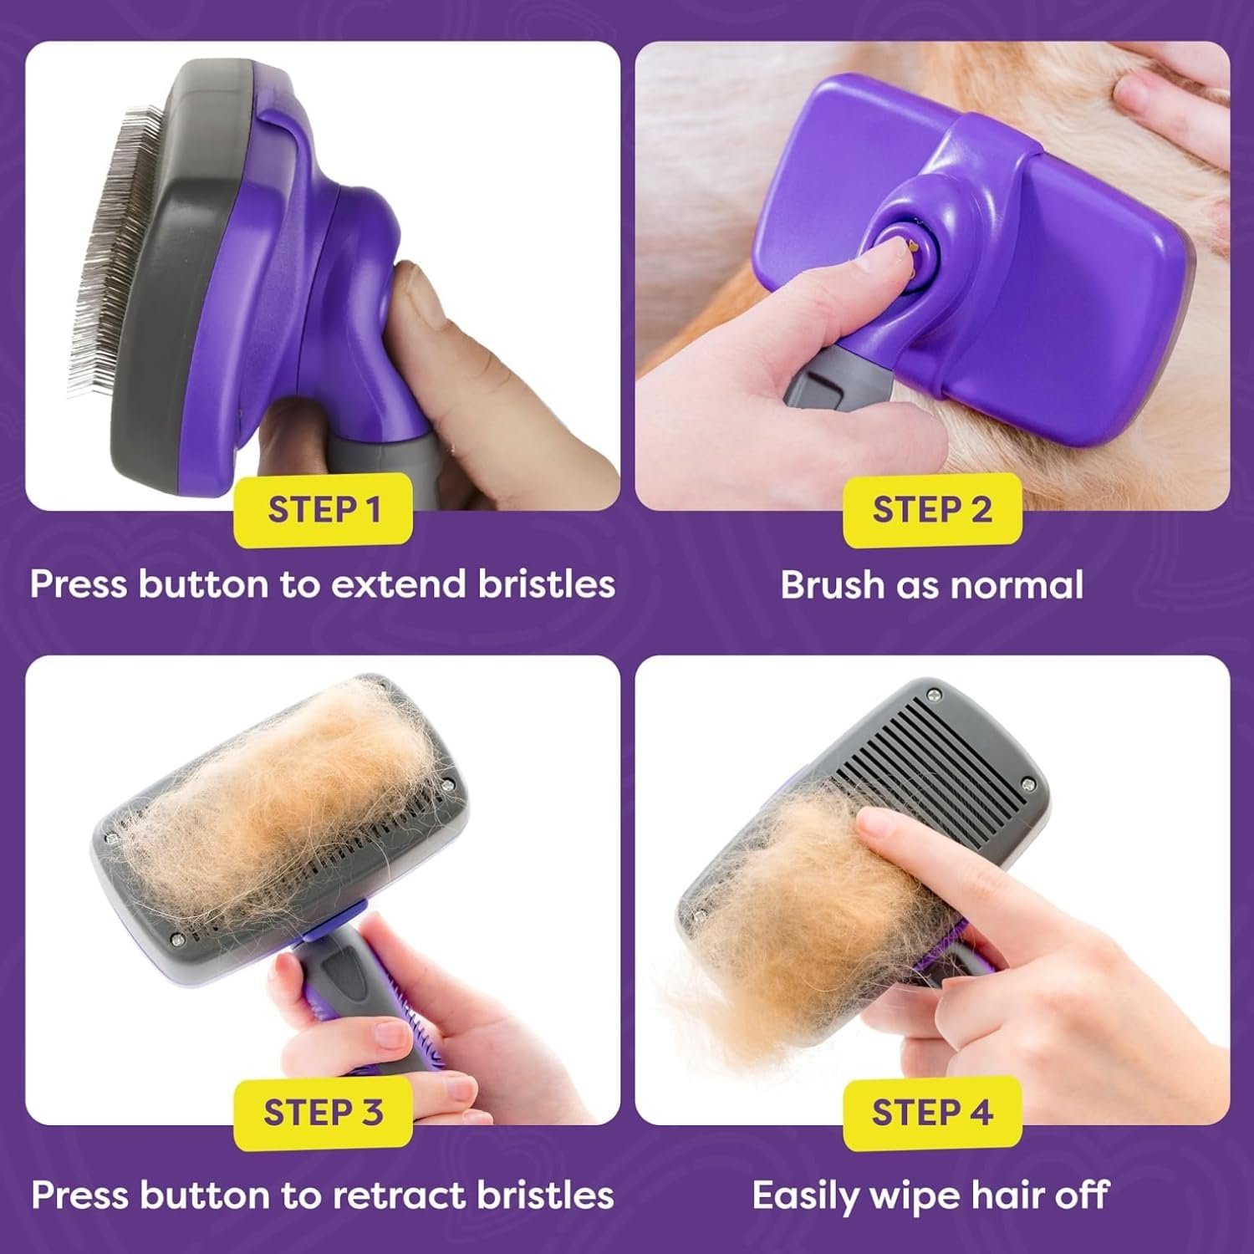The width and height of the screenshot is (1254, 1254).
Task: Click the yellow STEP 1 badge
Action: [324, 509]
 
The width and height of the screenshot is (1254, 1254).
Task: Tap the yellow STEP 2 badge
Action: [932, 509]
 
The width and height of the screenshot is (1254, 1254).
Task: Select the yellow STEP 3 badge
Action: [324, 1113]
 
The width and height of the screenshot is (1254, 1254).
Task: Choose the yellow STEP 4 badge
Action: [932, 1113]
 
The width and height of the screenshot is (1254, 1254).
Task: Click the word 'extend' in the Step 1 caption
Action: [400, 584]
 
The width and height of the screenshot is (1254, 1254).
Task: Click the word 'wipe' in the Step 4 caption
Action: [920, 1195]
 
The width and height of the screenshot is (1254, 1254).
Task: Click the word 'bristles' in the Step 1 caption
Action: [547, 584]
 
